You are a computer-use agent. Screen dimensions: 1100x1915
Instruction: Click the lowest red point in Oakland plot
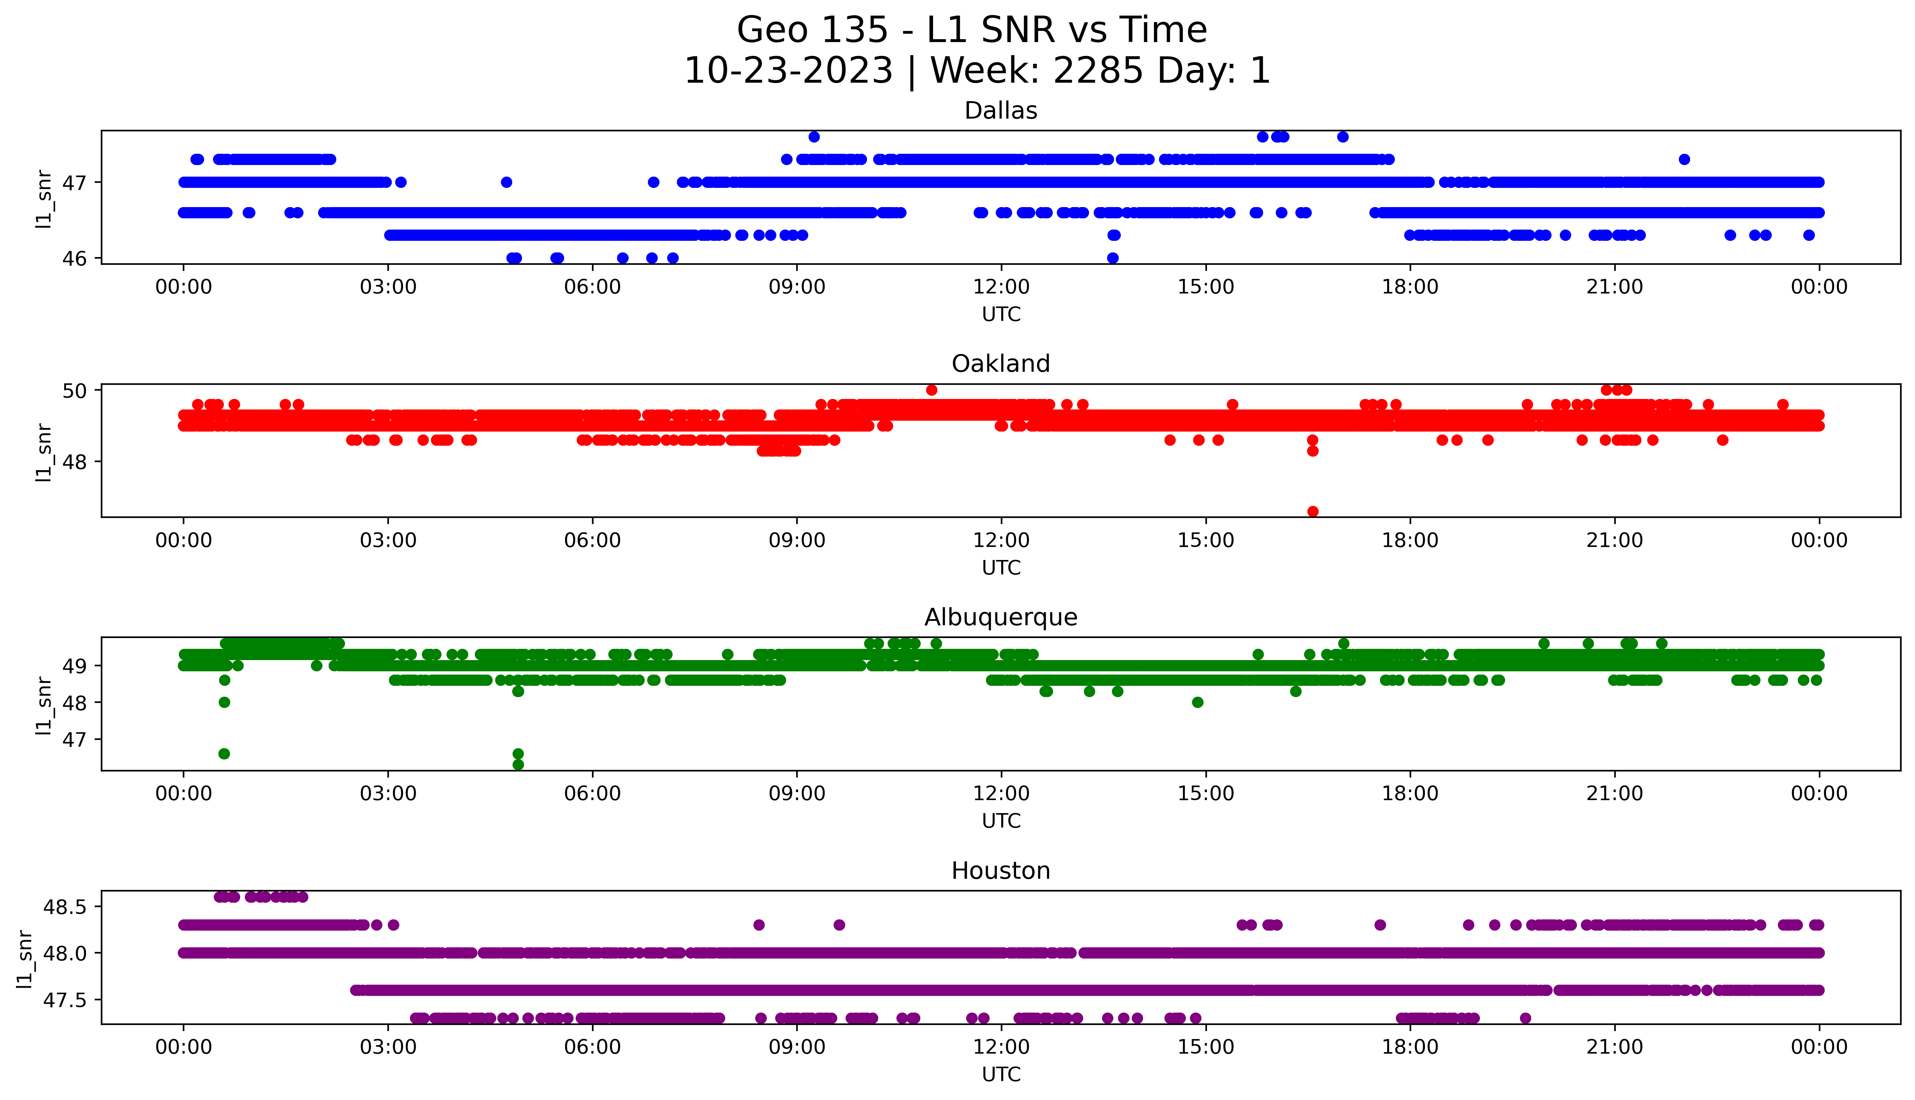click(x=1313, y=511)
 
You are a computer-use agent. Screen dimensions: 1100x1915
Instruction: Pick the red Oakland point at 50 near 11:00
click(x=932, y=390)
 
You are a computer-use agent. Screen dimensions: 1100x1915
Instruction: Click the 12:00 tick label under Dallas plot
click(x=1001, y=287)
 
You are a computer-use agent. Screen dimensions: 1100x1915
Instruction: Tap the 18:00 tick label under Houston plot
click(x=1410, y=1047)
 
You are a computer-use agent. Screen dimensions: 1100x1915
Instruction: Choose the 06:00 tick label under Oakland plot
click(x=592, y=540)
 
